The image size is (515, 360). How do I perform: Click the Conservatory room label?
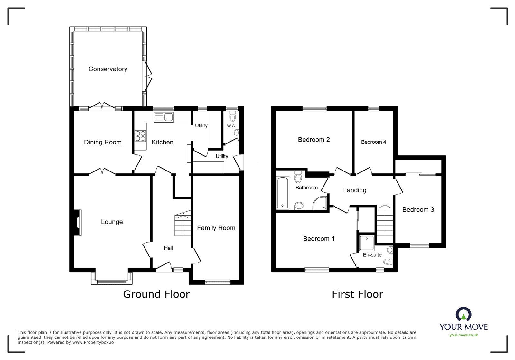(108, 69)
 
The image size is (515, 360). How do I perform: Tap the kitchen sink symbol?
(164, 117)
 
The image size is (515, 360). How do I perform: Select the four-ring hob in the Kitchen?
(140, 136)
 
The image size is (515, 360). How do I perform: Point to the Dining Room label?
(103, 142)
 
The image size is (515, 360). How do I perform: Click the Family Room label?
(216, 228)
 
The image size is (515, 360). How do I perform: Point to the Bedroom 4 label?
(373, 142)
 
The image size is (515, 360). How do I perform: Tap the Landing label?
(354, 190)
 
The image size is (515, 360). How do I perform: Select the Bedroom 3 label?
(418, 210)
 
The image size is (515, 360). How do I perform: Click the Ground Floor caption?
(156, 294)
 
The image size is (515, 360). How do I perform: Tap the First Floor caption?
(357, 294)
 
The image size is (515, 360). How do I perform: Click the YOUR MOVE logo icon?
(464, 314)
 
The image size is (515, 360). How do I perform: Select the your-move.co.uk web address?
(464, 335)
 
